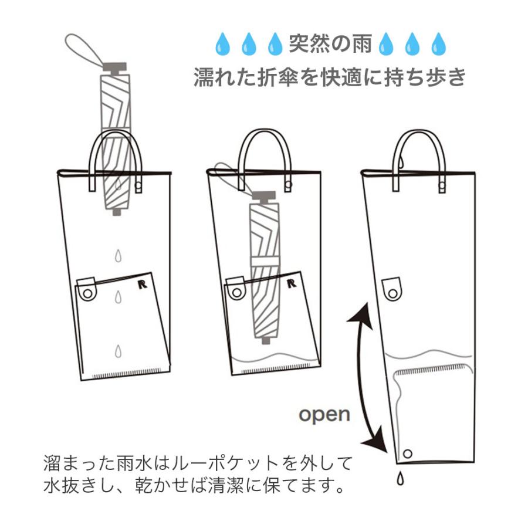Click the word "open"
[324, 414]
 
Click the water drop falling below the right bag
[401, 479]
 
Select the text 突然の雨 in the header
[330, 43]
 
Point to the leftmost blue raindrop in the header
[222, 44]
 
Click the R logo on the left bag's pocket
[141, 285]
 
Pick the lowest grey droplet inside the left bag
[119, 350]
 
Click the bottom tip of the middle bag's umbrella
[268, 339]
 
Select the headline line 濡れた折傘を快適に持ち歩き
[330, 77]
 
